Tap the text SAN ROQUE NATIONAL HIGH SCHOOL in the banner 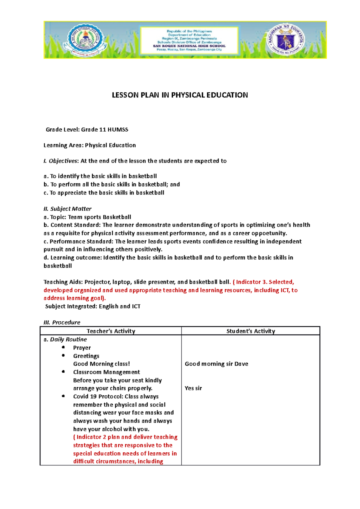[x=189, y=46]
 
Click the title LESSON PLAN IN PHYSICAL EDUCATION [x=180, y=95]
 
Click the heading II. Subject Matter [x=67, y=209]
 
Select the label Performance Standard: [x=78, y=241]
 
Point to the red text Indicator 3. [x=251, y=282]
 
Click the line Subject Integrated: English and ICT [x=93, y=306]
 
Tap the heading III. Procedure [x=62, y=322]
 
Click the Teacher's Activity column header [x=111, y=331]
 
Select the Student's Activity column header [x=250, y=331]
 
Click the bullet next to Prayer [x=63, y=347]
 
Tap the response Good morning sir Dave [x=216, y=364]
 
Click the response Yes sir [x=193, y=388]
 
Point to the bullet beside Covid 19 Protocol [x=63, y=396]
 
